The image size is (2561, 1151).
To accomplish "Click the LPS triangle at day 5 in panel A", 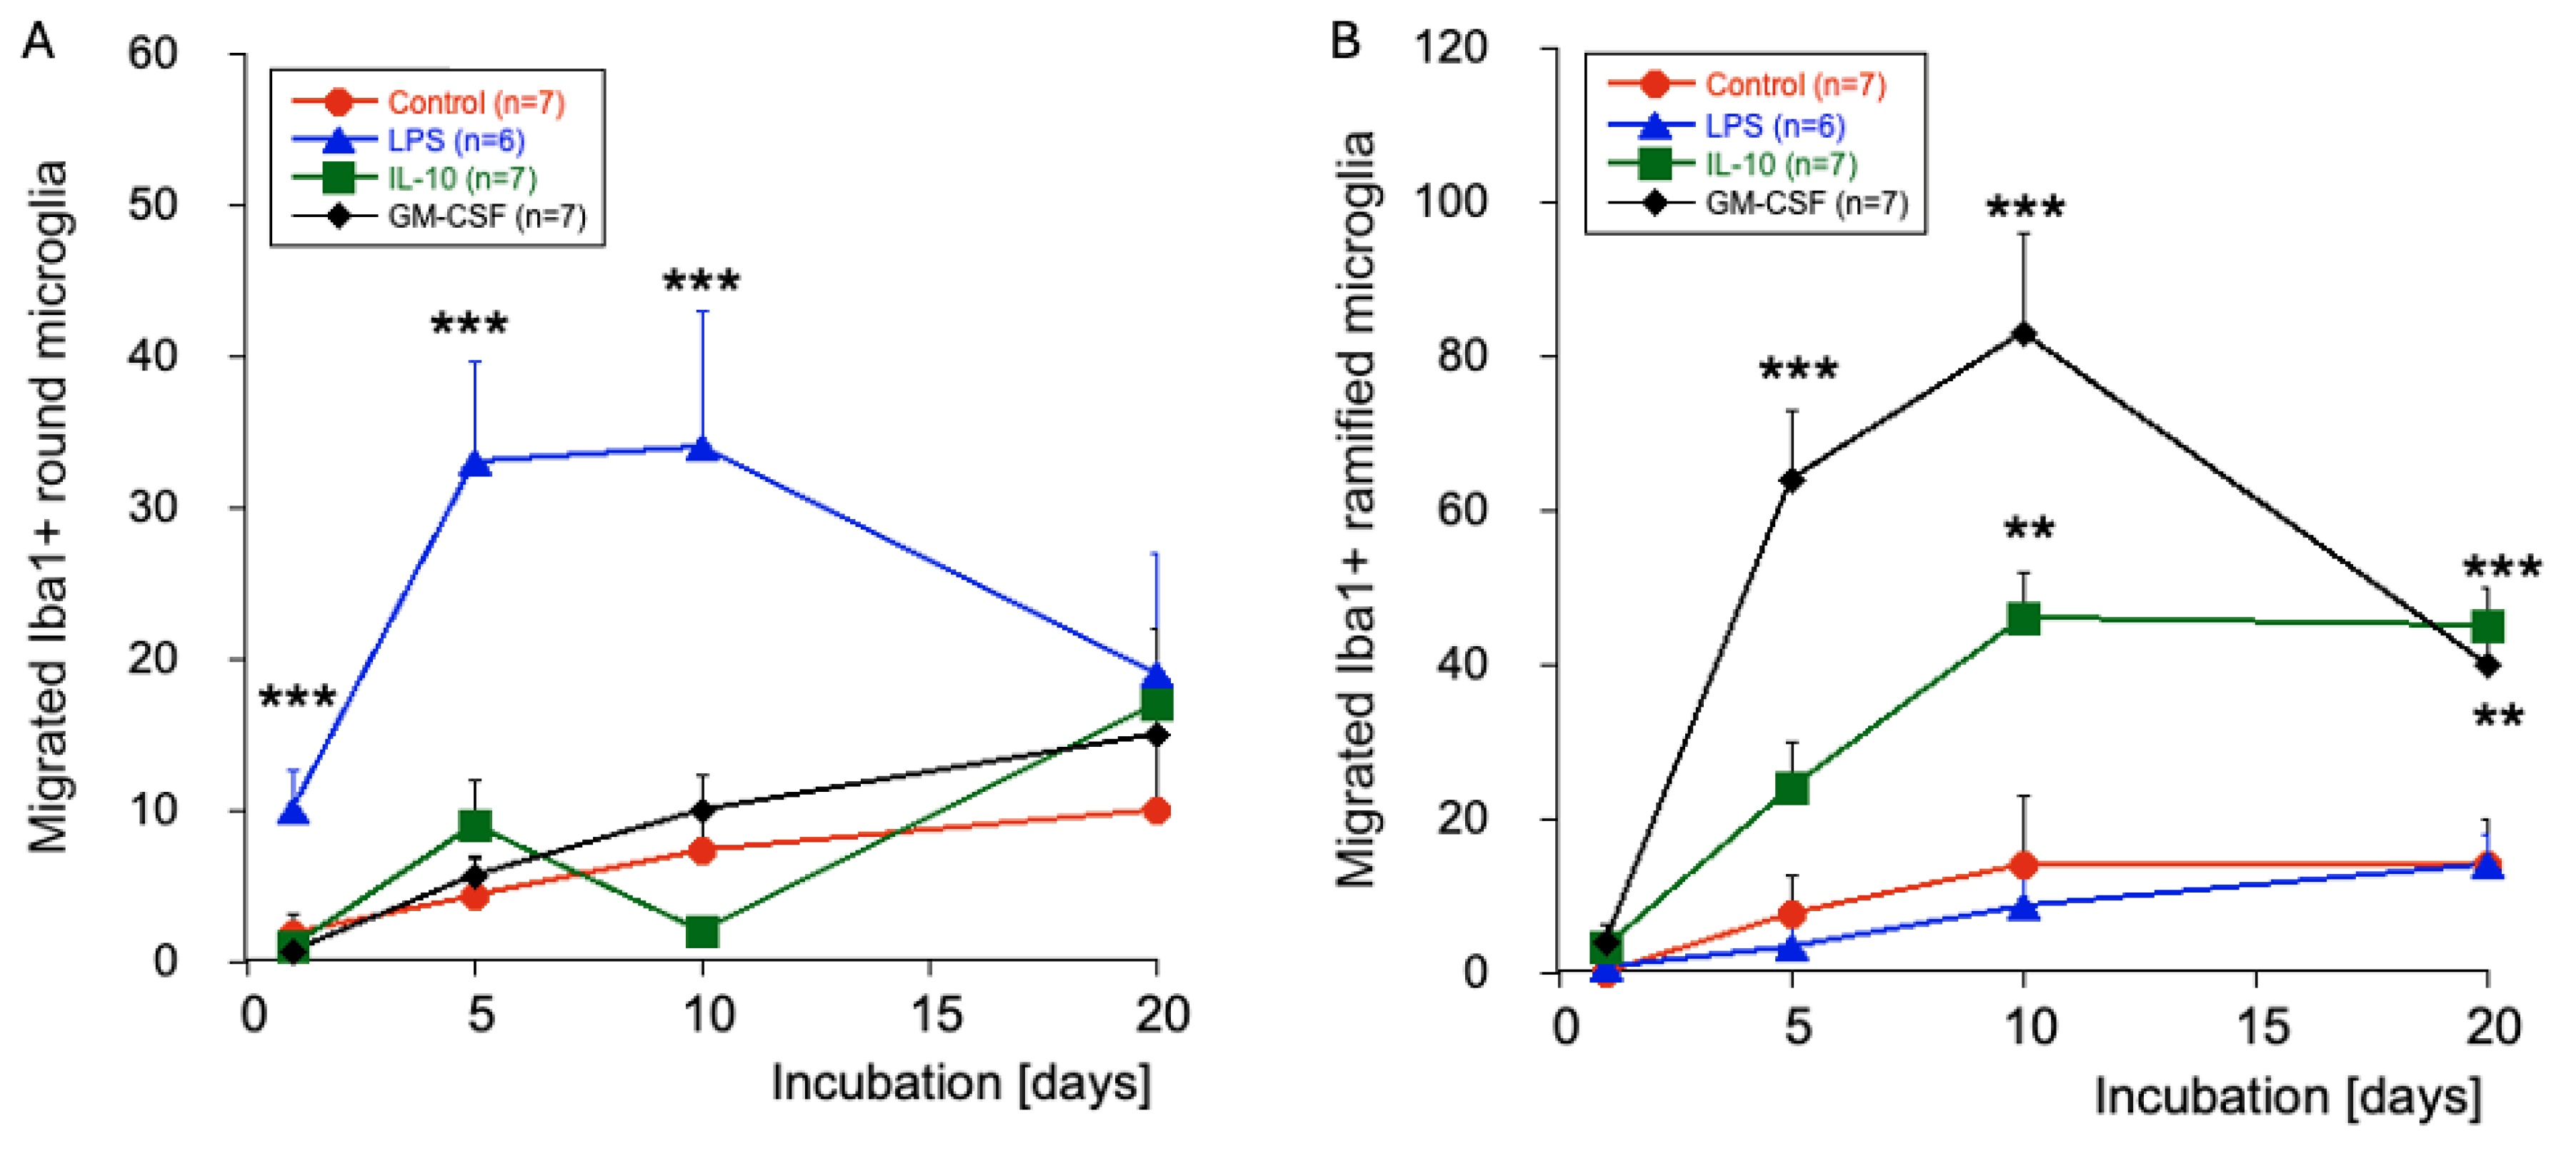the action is coord(476,463).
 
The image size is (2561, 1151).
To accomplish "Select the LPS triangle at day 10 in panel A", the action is coord(703,449).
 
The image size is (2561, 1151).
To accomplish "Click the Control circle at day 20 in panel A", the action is coord(1157,811).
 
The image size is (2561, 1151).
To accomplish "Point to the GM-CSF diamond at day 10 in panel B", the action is coord(2023,334).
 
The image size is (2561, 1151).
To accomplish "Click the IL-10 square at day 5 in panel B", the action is coord(1792,788).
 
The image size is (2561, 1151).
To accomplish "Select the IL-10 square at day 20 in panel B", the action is coord(2487,626).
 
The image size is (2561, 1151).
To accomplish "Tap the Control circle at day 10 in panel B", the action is coord(2023,865).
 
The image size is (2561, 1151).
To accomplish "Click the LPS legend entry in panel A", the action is coord(409,140).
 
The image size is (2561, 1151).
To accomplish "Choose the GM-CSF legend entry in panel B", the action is coord(1758,203).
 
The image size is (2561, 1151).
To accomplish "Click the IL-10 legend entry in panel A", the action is coord(414,178).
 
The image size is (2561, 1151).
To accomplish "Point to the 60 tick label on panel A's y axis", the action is coord(152,53).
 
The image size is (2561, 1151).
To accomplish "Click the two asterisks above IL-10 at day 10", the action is coord(2028,527).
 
